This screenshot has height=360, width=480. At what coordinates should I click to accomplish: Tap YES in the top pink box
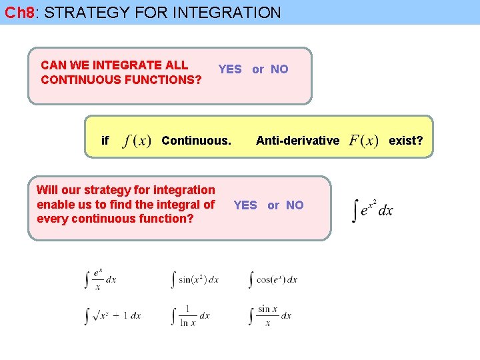click(230, 69)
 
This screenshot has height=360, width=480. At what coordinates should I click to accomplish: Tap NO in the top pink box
click(279, 69)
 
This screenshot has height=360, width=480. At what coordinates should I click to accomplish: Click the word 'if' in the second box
click(105, 141)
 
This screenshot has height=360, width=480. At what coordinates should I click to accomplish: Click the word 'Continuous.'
click(196, 141)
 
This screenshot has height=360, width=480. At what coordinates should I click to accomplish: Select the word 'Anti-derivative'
click(297, 141)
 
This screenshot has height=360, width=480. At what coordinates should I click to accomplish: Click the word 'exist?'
click(405, 141)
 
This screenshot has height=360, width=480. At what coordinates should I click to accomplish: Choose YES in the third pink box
click(245, 205)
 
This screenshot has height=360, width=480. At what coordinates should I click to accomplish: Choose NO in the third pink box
click(295, 205)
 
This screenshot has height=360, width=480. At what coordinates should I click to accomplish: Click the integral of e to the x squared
click(373, 209)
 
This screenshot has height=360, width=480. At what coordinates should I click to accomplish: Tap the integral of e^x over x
click(101, 279)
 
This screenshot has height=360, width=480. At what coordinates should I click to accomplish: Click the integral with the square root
click(113, 315)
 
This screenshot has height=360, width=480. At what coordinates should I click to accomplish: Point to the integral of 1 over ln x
click(191, 315)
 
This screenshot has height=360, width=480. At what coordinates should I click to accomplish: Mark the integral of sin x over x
click(269, 315)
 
